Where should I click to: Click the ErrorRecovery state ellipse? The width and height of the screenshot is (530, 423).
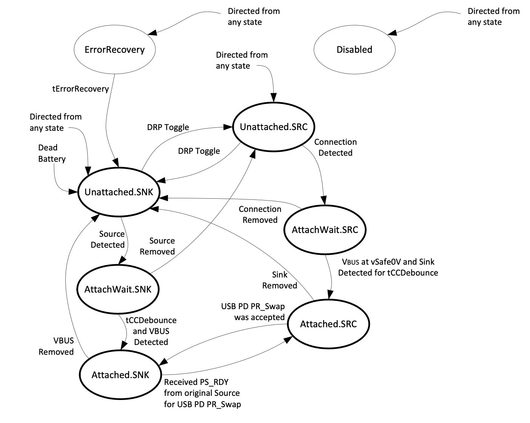[x=114, y=50]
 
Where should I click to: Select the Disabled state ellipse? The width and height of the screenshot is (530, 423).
[x=354, y=50]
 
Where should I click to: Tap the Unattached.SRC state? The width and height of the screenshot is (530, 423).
[x=274, y=127]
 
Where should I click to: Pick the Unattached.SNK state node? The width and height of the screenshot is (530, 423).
[x=119, y=192]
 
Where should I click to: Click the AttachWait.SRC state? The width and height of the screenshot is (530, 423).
[x=325, y=230]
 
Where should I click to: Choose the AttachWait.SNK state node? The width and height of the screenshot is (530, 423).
[x=118, y=290]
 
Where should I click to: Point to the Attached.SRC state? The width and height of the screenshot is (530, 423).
[x=328, y=324]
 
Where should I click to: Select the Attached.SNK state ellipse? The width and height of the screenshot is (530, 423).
[x=120, y=375]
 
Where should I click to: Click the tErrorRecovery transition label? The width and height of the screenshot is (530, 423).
[x=80, y=89]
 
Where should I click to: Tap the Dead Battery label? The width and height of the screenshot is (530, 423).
[x=52, y=153]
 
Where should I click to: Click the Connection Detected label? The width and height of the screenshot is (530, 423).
[x=335, y=147]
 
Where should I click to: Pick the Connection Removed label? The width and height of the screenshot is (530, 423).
[x=260, y=215]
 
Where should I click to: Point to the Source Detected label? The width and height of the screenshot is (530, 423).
[x=108, y=239]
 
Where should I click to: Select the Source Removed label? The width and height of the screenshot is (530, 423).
[x=157, y=246]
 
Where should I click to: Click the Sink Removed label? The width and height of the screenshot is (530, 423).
[x=280, y=280]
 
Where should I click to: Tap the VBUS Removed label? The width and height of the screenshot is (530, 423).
[x=56, y=346]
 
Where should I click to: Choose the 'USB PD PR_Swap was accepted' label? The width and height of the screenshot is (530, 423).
[x=253, y=312]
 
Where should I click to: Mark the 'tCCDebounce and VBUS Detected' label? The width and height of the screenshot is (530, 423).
[x=151, y=331]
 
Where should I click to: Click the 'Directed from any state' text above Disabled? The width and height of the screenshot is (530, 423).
[x=493, y=17]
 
